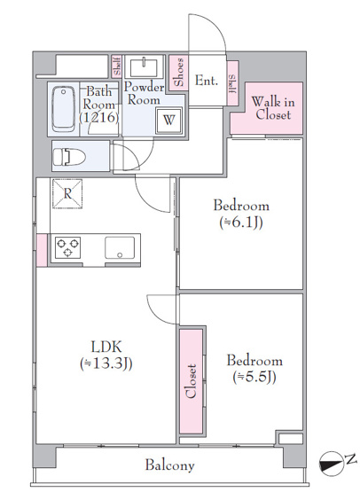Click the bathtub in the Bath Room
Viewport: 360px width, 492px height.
coord(64,109)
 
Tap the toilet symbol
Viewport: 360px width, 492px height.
coord(69,157)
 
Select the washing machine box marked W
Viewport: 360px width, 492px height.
coord(168,121)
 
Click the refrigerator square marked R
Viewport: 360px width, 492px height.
coord(67,193)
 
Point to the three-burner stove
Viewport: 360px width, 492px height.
coord(67,247)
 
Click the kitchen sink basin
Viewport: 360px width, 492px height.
coord(120,248)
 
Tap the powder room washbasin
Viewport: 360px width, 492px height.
coord(144,66)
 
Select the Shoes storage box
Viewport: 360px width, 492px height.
coord(178,73)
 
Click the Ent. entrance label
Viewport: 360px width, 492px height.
coord(207,81)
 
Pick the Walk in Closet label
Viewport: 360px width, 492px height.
coord(273,108)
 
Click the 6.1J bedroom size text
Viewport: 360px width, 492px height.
coord(241,223)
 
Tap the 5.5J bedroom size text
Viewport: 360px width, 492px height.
coord(254,377)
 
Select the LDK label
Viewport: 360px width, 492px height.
coord(106,347)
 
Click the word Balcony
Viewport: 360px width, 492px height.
coord(169,465)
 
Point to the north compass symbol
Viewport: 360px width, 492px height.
coord(331,462)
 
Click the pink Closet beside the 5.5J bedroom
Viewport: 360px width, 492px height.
coord(192,381)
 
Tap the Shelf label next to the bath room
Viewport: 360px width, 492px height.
coord(117,66)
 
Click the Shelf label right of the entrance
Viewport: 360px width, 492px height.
coord(232,83)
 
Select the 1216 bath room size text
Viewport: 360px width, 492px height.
coord(99,118)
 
